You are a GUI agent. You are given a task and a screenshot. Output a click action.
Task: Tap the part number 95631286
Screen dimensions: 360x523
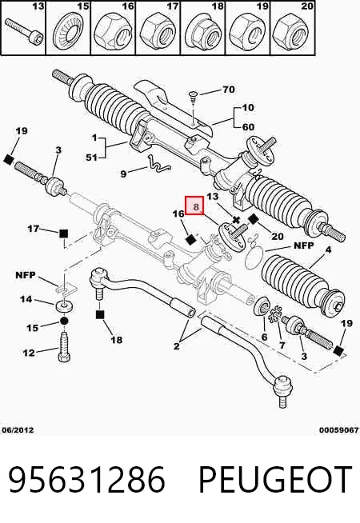(x=86, y=479)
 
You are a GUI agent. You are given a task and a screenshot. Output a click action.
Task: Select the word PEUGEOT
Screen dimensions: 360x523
(x=275, y=479)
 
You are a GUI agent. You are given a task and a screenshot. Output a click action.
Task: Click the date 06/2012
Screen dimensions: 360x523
(x=18, y=430)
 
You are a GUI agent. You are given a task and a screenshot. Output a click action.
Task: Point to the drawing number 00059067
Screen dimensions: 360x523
(x=339, y=430)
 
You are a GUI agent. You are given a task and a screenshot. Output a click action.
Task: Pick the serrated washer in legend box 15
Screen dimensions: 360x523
(x=68, y=32)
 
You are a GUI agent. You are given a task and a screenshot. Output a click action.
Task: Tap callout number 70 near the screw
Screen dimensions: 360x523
(x=228, y=90)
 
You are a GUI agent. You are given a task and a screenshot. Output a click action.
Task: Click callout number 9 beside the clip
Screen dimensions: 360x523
(x=123, y=174)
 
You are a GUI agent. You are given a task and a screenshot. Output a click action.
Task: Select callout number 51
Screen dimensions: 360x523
(x=91, y=157)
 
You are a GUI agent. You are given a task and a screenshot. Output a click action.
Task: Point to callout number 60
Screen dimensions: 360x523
(x=248, y=126)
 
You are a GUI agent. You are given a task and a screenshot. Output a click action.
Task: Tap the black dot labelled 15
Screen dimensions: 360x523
(x=64, y=321)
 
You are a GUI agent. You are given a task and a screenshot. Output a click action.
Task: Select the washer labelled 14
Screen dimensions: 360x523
(x=63, y=305)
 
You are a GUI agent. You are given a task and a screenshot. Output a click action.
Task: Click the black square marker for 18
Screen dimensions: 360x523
(x=100, y=314)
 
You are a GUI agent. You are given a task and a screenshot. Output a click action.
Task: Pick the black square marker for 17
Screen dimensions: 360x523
(x=63, y=234)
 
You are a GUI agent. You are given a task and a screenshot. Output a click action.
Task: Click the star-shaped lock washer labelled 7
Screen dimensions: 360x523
(x=275, y=314)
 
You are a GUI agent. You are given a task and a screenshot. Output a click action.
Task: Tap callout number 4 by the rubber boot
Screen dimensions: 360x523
(x=328, y=250)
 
